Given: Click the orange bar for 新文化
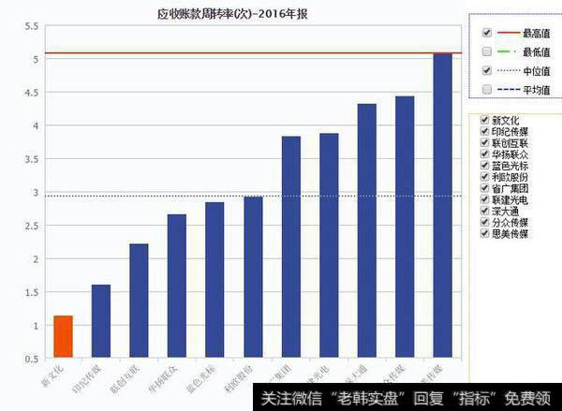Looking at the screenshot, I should coord(63,336).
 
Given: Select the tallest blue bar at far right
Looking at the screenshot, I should coord(442,206).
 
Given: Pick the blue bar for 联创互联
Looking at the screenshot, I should coord(139,301).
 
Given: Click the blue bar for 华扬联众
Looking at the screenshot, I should coord(177,286).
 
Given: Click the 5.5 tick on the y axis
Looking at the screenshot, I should coord(31,25).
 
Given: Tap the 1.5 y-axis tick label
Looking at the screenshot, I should coord(31,292).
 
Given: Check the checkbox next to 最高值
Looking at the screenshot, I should coord(486,32).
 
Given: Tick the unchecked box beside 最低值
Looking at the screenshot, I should coord(486,51).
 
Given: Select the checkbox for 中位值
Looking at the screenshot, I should coord(486,70).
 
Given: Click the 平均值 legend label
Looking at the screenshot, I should coord(536,89).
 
